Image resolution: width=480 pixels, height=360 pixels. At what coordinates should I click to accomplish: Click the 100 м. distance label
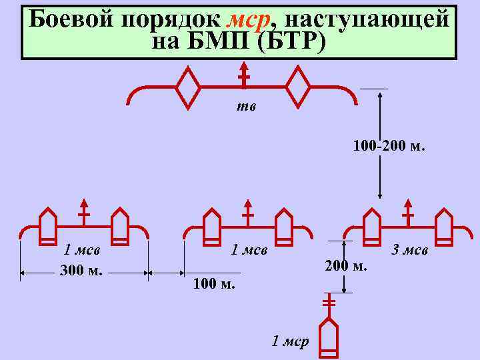click(214, 285)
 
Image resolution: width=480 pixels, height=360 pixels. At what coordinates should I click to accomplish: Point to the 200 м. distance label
click(346, 267)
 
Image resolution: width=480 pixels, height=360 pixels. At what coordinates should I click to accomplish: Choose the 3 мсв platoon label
click(410, 250)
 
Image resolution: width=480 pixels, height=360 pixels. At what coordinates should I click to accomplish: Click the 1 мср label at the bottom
click(291, 342)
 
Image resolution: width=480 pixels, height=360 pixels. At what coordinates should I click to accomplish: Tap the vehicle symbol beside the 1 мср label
click(329, 333)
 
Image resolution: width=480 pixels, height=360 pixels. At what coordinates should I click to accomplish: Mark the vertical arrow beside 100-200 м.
click(379, 144)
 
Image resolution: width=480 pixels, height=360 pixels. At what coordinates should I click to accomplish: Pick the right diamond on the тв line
click(297, 87)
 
